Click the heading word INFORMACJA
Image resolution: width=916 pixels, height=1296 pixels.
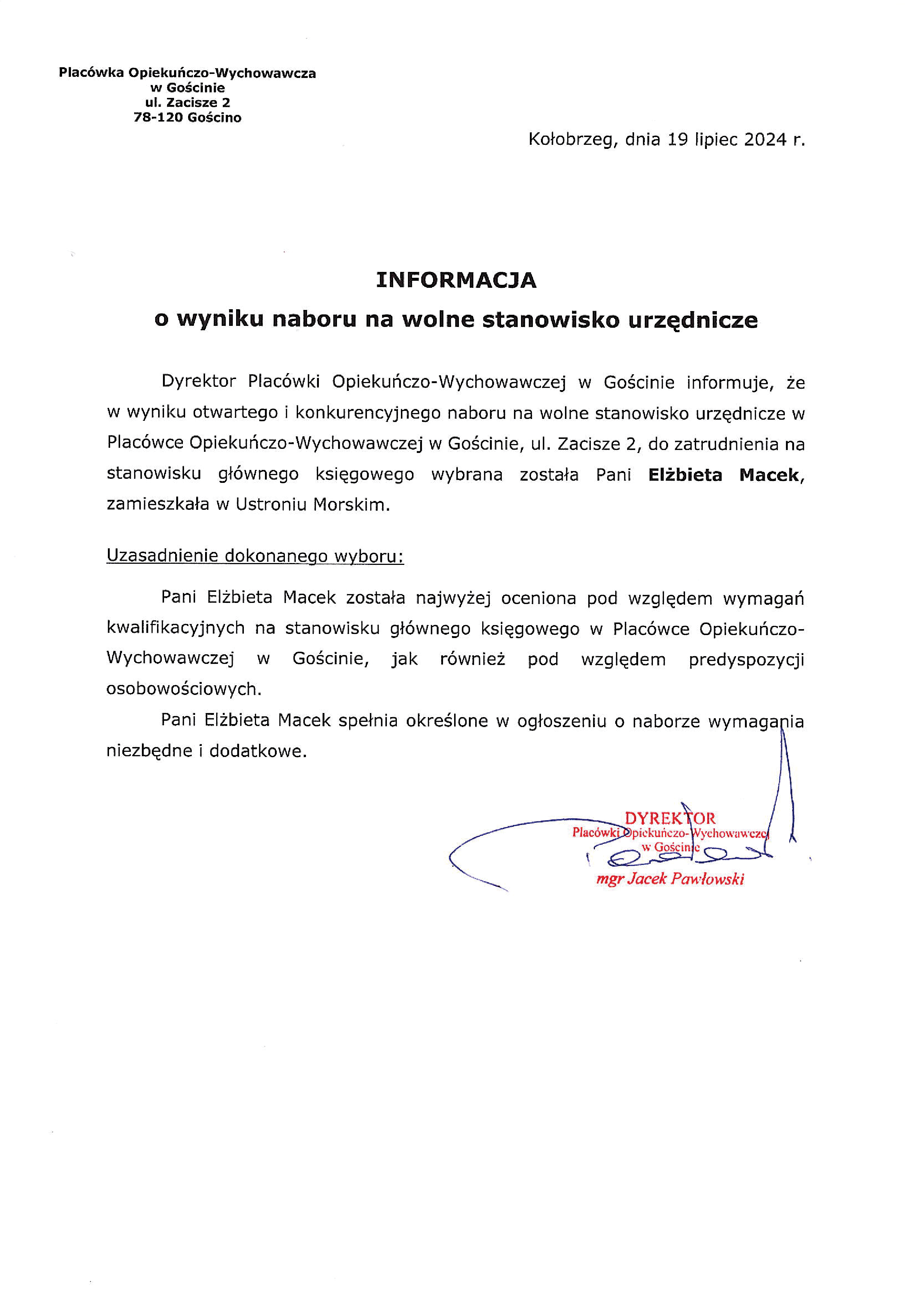click(456, 280)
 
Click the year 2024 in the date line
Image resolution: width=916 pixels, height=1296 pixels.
click(765, 139)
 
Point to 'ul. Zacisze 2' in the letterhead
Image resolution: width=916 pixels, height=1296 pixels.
click(187, 103)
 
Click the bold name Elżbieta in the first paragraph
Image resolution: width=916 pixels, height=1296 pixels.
click(685, 475)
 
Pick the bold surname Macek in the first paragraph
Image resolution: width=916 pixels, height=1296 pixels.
click(769, 475)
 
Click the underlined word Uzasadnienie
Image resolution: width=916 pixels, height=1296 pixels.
click(163, 556)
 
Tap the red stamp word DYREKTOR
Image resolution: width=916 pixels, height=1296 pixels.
click(670, 818)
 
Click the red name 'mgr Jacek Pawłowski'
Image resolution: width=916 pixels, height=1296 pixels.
click(670, 879)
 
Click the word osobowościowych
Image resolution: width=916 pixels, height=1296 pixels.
click(184, 689)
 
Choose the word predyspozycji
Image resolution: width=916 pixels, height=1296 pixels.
click(746, 659)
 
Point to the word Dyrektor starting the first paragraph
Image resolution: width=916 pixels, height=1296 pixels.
click(199, 382)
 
